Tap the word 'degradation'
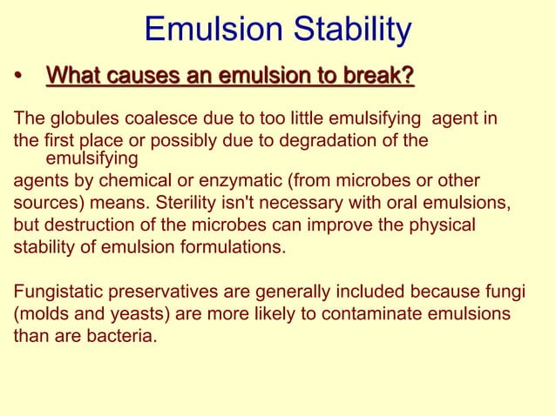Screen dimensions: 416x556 point(335,140)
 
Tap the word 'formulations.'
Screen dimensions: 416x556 point(236,246)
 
